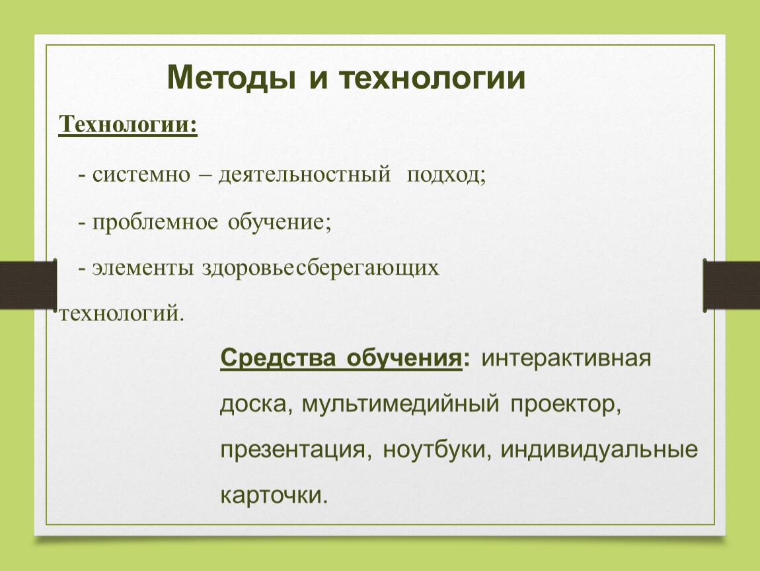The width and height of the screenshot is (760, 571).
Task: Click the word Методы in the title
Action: [x=231, y=77]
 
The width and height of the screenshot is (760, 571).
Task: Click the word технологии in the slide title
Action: [x=432, y=77]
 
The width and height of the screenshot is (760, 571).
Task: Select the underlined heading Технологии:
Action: [x=128, y=124]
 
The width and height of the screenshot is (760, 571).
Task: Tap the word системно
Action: [x=141, y=174]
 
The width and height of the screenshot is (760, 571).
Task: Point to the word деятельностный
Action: [x=305, y=174]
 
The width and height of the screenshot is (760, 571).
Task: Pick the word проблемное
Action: [x=155, y=223]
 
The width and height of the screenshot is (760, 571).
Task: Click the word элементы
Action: [x=143, y=268]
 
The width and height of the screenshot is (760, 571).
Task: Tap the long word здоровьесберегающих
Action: [x=321, y=268]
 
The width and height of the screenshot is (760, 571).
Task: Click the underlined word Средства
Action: [x=278, y=358]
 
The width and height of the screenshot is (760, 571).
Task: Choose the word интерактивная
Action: [x=566, y=359]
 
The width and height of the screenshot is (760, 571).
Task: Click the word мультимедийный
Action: [x=400, y=404]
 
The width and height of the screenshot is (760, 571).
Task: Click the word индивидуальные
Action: [x=599, y=449]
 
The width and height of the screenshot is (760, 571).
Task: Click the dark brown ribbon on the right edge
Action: [x=732, y=285]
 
